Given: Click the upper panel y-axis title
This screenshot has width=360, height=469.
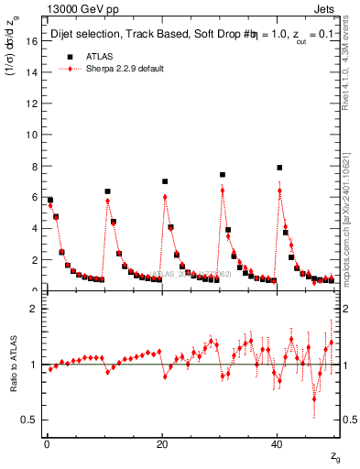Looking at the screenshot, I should [15, 54].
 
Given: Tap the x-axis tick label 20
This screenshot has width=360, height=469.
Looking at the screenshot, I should [162, 444].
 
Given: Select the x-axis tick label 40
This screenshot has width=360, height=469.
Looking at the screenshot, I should [278, 444].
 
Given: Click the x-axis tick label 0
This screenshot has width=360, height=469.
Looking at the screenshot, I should [46, 444].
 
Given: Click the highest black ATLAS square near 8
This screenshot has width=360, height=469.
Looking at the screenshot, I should [279, 168].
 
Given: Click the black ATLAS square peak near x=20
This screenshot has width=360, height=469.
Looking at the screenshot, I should [165, 181].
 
